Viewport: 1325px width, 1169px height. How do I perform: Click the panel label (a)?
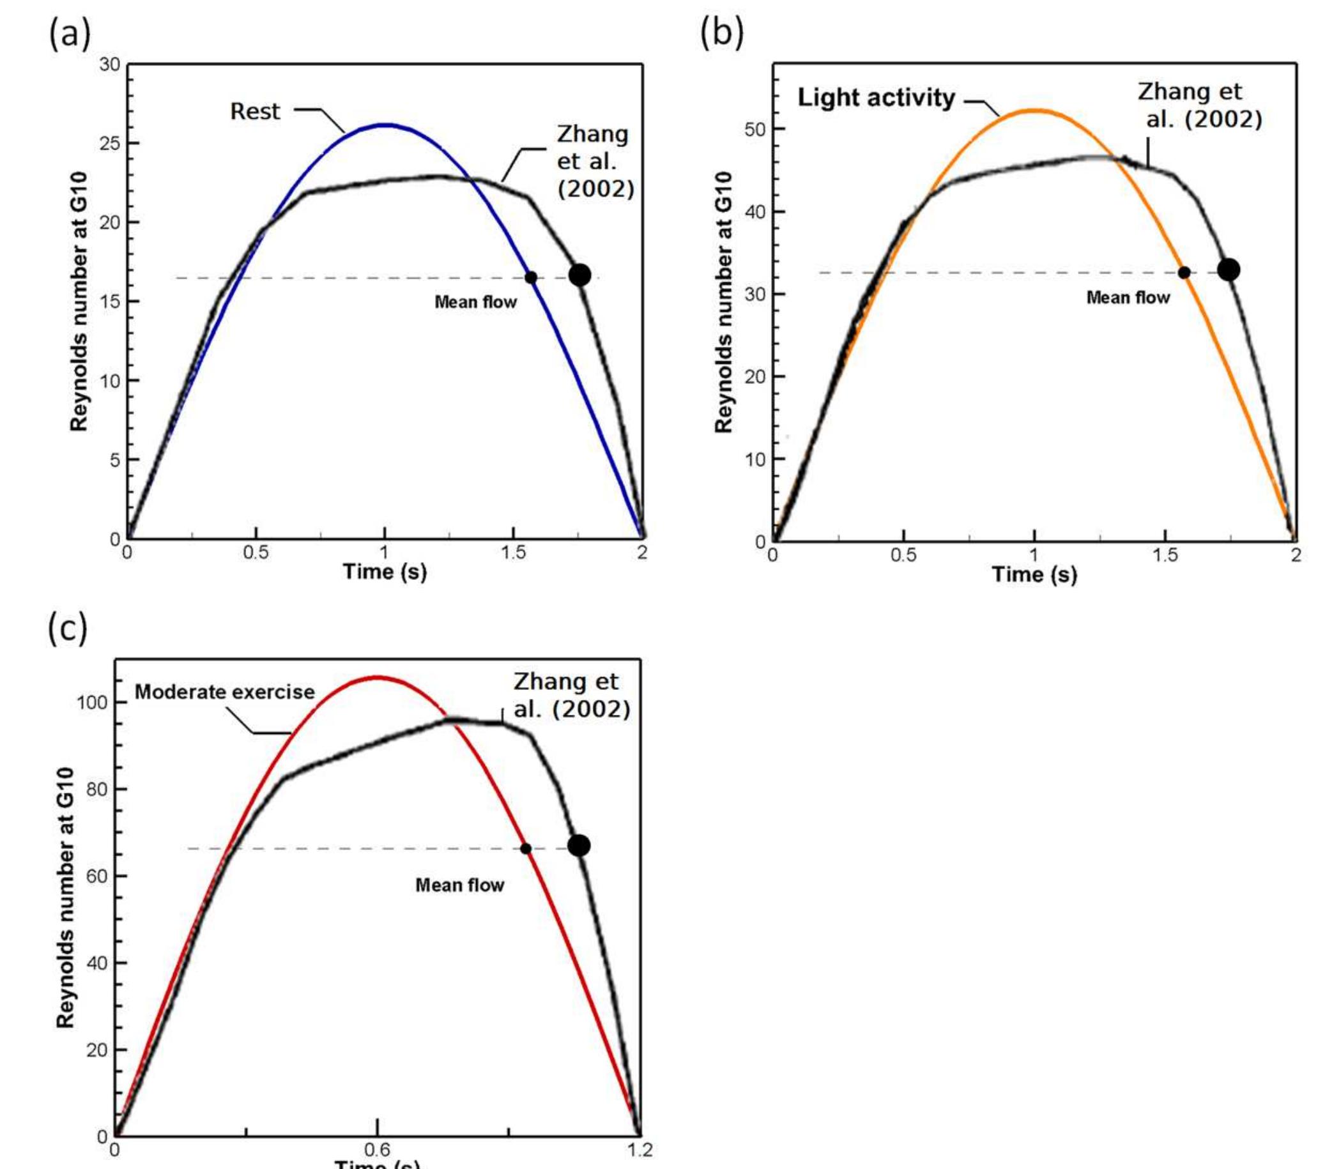[x=70, y=34]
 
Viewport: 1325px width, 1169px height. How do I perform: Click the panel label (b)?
[x=721, y=33]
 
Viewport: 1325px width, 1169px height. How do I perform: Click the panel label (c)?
[x=68, y=629]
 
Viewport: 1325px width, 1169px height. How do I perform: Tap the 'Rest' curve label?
[x=255, y=111]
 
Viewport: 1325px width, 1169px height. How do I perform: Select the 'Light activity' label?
[x=876, y=98]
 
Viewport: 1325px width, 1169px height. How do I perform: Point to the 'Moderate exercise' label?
[x=224, y=692]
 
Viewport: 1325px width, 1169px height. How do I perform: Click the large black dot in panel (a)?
[x=579, y=275]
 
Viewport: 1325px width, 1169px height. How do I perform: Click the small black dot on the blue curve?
[x=530, y=277]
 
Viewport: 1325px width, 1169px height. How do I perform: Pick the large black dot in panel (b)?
[x=1229, y=270]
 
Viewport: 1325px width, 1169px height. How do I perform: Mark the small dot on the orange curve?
[x=1184, y=273]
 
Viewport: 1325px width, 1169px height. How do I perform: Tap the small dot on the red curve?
[x=526, y=849]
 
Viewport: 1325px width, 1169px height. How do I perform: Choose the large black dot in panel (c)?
[x=579, y=846]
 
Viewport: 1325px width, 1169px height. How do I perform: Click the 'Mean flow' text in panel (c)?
[x=459, y=885]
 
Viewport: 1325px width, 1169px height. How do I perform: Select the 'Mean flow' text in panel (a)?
[x=475, y=302]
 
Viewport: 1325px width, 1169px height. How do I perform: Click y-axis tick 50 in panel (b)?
[x=755, y=129]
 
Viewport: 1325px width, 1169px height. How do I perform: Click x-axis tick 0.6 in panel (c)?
[x=378, y=1150]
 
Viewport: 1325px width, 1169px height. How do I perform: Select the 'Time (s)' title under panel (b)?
[x=1034, y=574]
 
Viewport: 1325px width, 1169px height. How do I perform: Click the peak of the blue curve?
[x=386, y=125]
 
